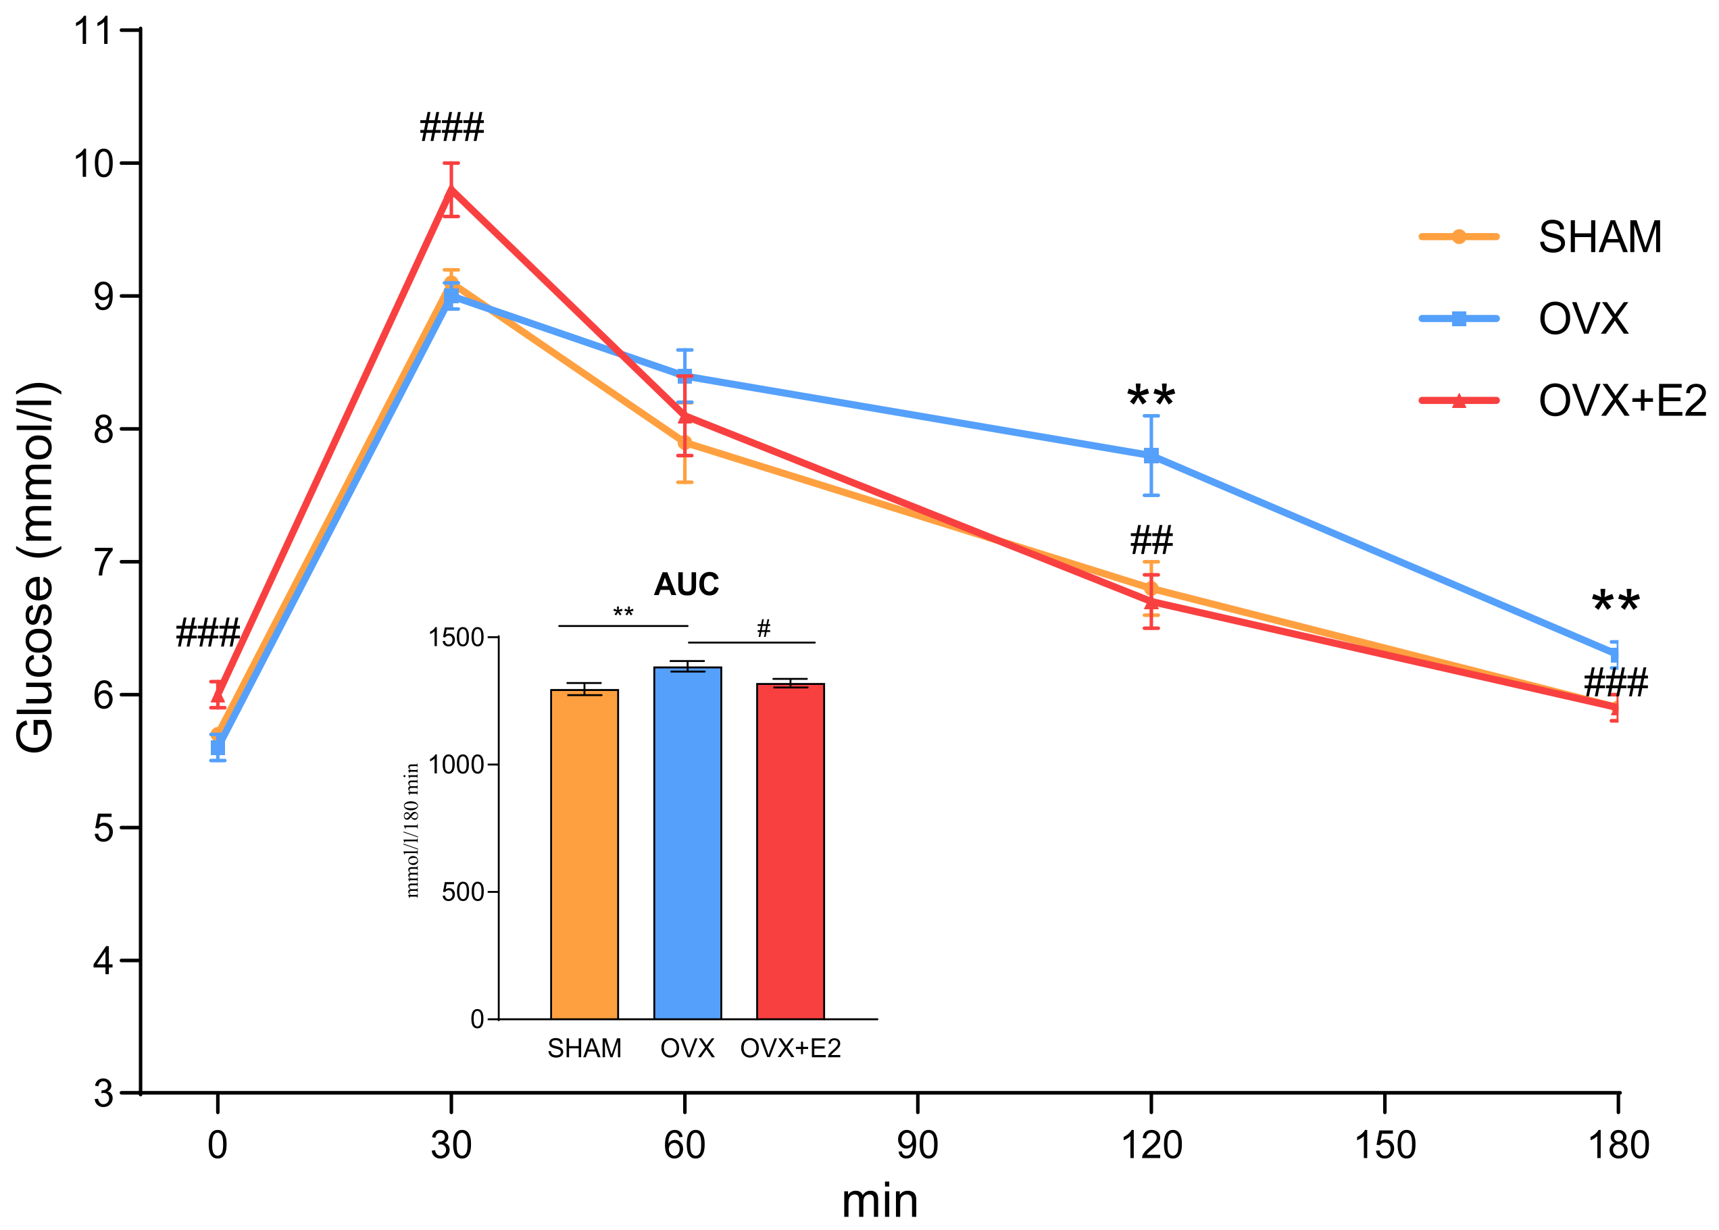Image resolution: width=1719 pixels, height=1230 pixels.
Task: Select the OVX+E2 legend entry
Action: pyautogui.click(x=1620, y=401)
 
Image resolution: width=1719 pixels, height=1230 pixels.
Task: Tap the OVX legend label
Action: pyautogui.click(x=1583, y=319)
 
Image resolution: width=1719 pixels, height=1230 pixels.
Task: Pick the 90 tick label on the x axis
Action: pyautogui.click(x=917, y=1144)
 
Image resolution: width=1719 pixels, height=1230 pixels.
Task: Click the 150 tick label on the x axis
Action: pyautogui.click(x=1383, y=1144)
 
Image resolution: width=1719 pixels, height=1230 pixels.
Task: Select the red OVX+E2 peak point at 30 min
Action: pyautogui.click(x=451, y=189)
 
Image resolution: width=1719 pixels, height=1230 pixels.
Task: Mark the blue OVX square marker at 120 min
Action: pyautogui.click(x=1151, y=456)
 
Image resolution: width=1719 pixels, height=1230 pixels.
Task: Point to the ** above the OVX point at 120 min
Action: pyautogui.click(x=1150, y=395)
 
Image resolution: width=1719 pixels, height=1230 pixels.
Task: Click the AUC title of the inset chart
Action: pyautogui.click(x=686, y=584)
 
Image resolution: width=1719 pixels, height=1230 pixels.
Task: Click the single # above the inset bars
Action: pyautogui.click(x=763, y=628)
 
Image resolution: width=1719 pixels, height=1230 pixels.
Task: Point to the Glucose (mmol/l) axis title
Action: pyautogui.click(x=36, y=568)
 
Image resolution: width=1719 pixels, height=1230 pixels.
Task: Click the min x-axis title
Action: pyautogui.click(x=879, y=1201)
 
